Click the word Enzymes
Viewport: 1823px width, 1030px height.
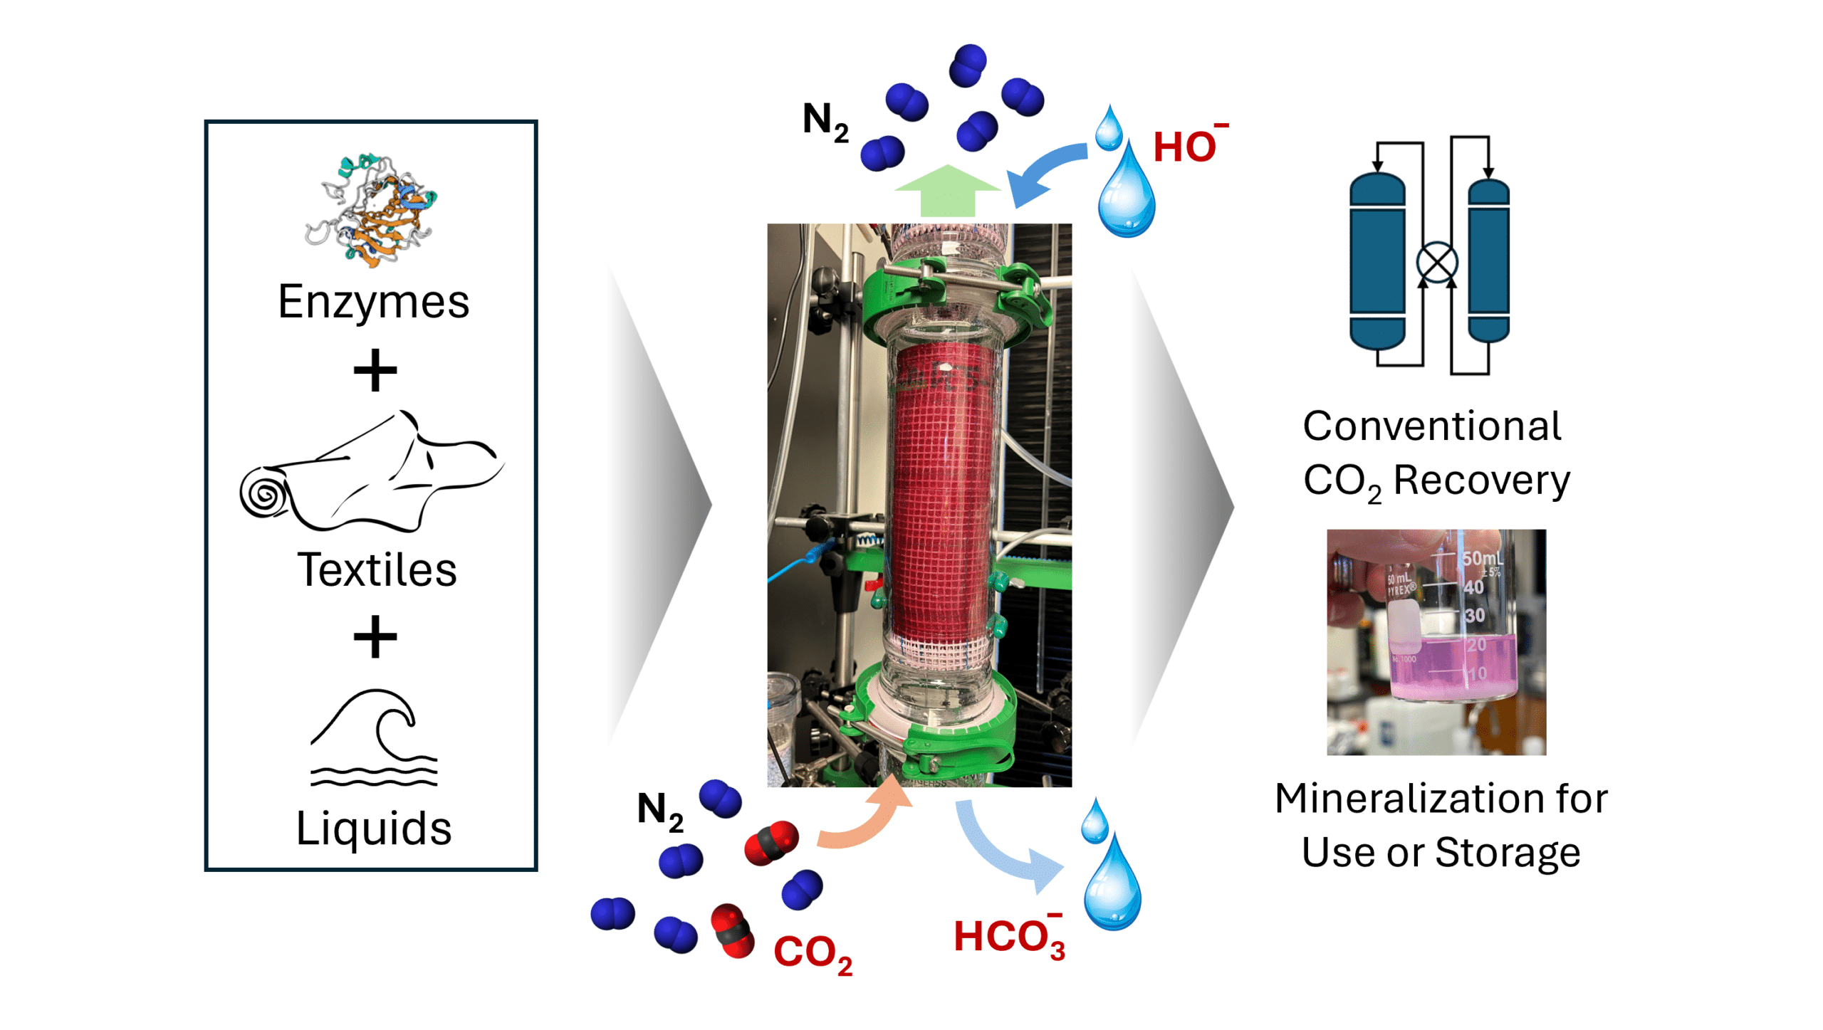pyautogui.click(x=372, y=302)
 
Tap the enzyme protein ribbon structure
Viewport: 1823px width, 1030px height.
pyautogui.click(x=370, y=210)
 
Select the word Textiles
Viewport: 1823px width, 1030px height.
pyautogui.click(x=377, y=569)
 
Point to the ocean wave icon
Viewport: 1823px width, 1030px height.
pyautogui.click(x=374, y=737)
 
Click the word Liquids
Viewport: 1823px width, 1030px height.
pyautogui.click(x=374, y=828)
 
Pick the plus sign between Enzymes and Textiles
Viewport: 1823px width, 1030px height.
pyautogui.click(x=375, y=370)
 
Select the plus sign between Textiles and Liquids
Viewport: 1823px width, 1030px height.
pyautogui.click(x=375, y=636)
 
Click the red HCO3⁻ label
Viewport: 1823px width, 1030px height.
pyautogui.click(x=1007, y=937)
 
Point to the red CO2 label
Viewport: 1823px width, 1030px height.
pyautogui.click(x=811, y=952)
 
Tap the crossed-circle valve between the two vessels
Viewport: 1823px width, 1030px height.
pyautogui.click(x=1436, y=263)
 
